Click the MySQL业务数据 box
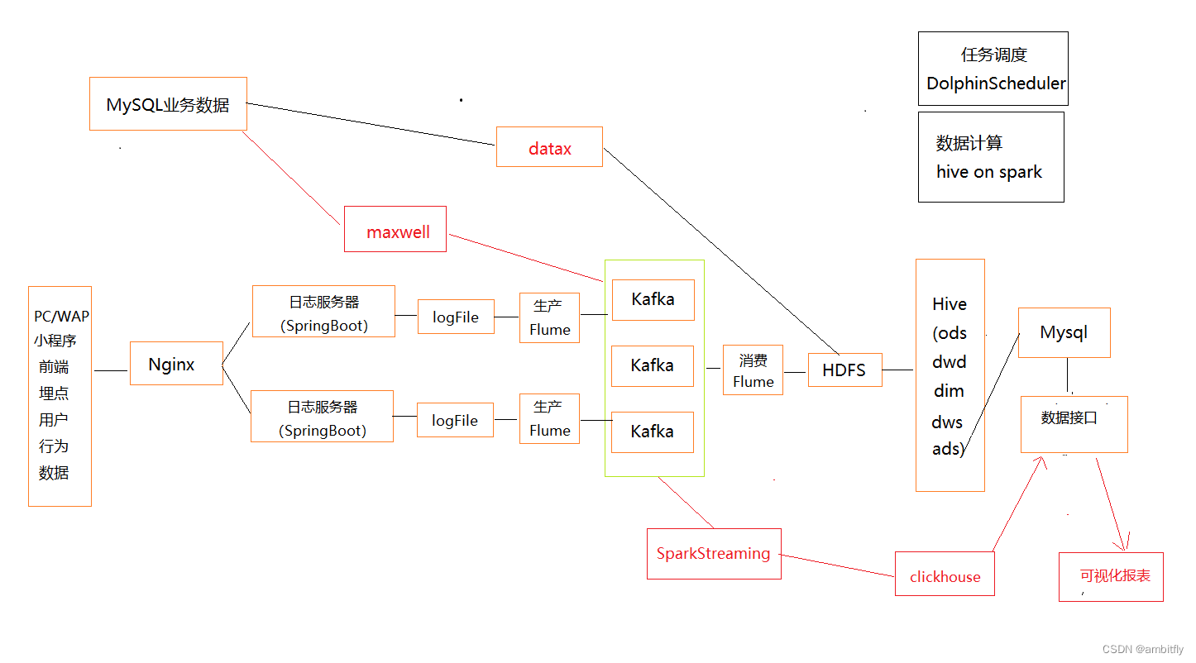(168, 104)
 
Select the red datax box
(549, 148)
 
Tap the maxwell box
(395, 230)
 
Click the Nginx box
(176, 364)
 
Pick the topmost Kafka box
(653, 299)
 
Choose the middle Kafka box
(653, 365)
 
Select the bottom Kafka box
(653, 432)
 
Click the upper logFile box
(456, 317)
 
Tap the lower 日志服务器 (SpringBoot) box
(323, 418)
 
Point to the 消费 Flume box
(753, 370)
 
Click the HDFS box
(844, 370)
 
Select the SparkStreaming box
(713, 554)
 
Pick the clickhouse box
(945, 575)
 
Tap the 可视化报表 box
(1111, 576)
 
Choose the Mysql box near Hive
(1064, 332)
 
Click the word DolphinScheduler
(995, 83)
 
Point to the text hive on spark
(988, 172)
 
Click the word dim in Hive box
(949, 391)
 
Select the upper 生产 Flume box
(550, 317)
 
